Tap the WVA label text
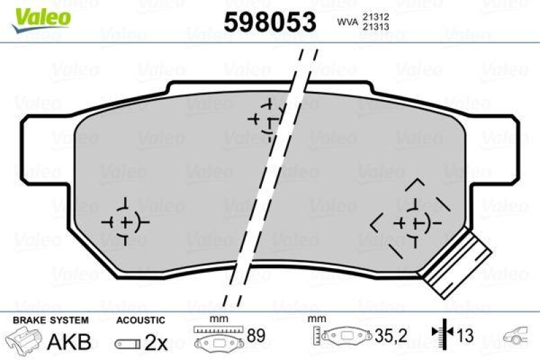coord(348,22)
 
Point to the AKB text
coord(68,342)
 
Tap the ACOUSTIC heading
coord(140,320)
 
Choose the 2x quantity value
coord(156,342)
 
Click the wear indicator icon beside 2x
coord(126,343)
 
